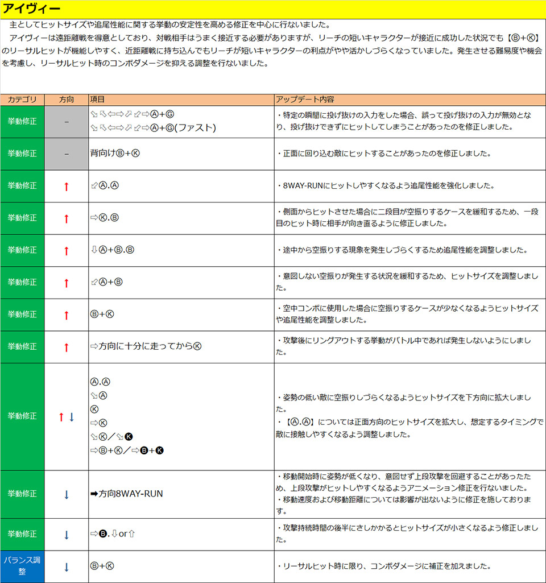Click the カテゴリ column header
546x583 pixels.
point(22,99)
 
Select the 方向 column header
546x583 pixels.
point(67,99)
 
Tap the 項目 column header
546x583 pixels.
point(98,99)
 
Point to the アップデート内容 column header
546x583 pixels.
point(305,99)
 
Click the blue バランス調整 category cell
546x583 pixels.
point(22,566)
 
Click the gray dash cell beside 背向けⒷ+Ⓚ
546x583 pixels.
point(67,154)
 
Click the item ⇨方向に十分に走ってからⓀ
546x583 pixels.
point(146,346)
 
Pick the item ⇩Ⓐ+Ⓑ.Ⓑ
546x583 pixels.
point(112,250)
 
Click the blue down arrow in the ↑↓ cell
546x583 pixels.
point(72,417)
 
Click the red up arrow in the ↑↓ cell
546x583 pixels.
point(61,417)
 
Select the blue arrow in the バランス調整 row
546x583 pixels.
point(67,567)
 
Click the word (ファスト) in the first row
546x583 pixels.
point(195,127)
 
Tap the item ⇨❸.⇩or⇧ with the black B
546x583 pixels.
point(114,534)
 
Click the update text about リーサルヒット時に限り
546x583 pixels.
point(383,567)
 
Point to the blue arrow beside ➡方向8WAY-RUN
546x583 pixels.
point(67,494)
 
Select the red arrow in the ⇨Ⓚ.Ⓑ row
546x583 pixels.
point(67,218)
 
